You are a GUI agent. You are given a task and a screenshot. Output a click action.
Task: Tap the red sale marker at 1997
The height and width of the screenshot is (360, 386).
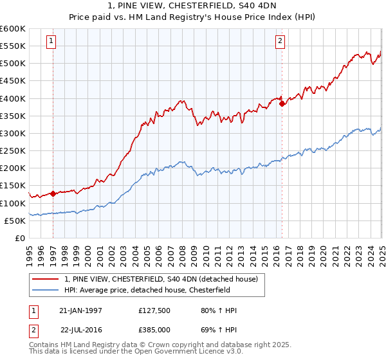[x=53, y=193]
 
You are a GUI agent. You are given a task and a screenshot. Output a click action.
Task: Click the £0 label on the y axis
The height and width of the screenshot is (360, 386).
[x=19, y=238]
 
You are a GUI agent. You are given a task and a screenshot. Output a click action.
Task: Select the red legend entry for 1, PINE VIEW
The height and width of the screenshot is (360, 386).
[x=161, y=279]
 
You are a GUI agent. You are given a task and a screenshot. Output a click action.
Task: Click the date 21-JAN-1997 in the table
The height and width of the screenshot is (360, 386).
[x=80, y=310]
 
